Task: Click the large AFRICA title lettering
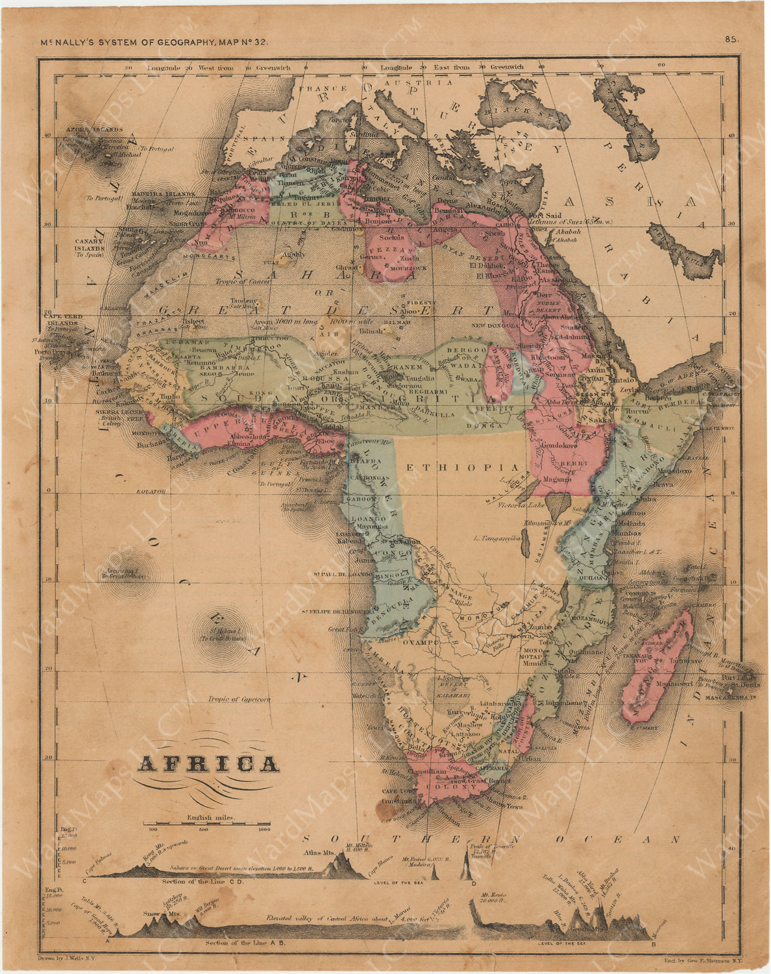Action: click(208, 764)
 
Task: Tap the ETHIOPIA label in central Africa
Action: click(462, 468)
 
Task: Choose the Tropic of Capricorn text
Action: click(238, 700)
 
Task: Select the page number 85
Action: click(731, 40)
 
